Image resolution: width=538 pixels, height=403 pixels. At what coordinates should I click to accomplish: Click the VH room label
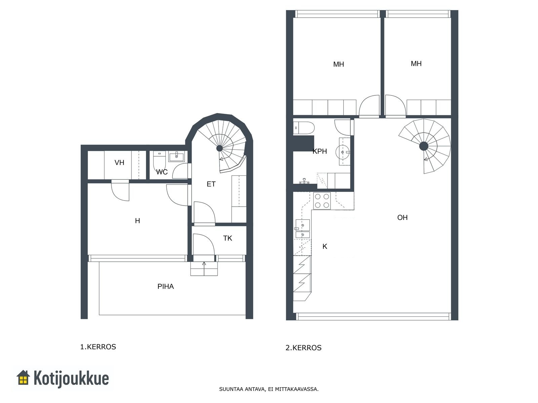(x=119, y=163)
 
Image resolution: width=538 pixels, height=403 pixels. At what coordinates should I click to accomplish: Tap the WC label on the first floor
(x=162, y=172)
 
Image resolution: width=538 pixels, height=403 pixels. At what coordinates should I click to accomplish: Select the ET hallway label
(x=211, y=184)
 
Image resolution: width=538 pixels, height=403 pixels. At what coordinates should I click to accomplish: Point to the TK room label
(x=227, y=238)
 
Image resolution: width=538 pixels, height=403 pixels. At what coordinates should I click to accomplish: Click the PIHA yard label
(x=165, y=286)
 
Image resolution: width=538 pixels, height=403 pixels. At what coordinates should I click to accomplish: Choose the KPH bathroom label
(x=320, y=151)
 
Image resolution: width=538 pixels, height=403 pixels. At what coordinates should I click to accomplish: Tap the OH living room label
(x=402, y=217)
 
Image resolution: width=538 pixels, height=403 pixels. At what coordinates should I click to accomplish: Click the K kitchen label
(x=324, y=247)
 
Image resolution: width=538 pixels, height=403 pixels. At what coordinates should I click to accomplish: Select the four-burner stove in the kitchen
(x=322, y=201)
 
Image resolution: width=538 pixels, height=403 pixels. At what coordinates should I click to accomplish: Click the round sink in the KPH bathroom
(x=342, y=152)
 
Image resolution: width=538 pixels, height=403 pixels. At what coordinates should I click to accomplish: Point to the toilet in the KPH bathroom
(x=304, y=128)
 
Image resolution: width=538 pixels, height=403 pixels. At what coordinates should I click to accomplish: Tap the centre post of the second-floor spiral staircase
(x=424, y=146)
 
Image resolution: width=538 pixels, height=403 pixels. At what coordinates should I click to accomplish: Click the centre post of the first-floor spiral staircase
(x=219, y=148)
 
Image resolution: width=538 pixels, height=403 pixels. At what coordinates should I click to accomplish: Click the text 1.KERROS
(x=98, y=347)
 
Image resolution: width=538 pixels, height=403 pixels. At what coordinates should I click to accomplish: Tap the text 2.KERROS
(x=303, y=348)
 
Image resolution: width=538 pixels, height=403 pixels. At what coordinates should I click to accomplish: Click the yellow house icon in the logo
(x=23, y=377)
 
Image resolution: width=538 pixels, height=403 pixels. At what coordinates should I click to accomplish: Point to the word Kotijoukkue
(x=71, y=378)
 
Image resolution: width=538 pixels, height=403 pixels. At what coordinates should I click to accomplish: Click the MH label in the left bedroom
(x=339, y=64)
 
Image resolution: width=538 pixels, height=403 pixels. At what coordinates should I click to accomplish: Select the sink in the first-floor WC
(x=176, y=156)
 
